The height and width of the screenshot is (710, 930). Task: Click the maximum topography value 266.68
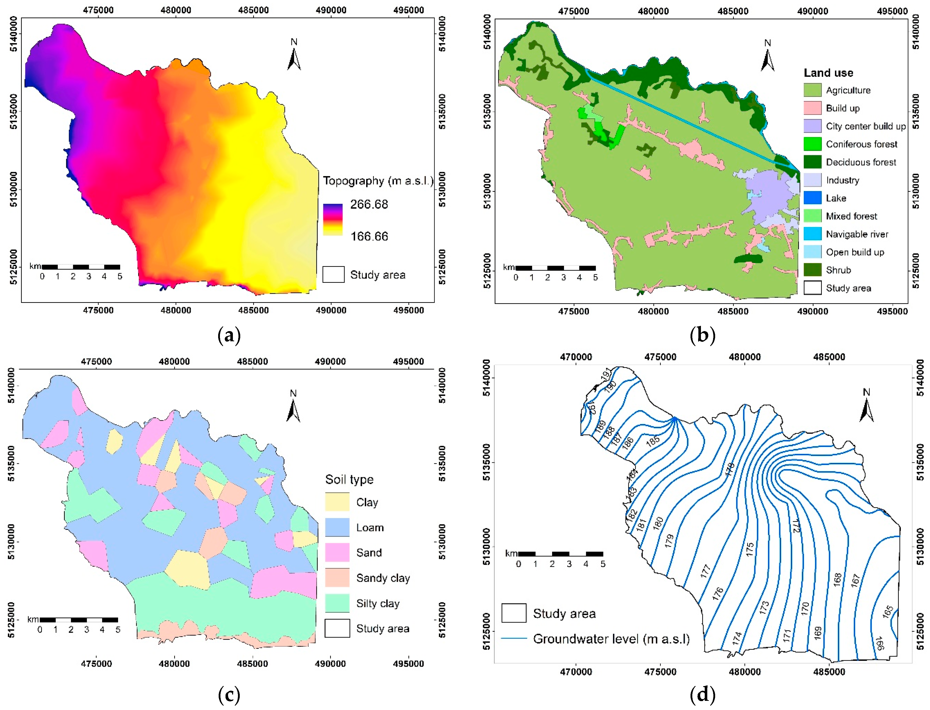tap(369, 205)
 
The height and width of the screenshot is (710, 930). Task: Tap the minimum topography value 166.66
tap(369, 236)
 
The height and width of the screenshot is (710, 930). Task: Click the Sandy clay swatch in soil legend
tap(337, 578)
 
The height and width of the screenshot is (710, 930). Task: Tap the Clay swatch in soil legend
tap(337, 502)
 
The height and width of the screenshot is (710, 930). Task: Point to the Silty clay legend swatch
tap(337, 603)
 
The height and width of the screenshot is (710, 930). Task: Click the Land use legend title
tap(828, 73)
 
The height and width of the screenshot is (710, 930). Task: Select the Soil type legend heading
tap(349, 479)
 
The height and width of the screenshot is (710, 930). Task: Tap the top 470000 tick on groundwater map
tap(576, 357)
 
